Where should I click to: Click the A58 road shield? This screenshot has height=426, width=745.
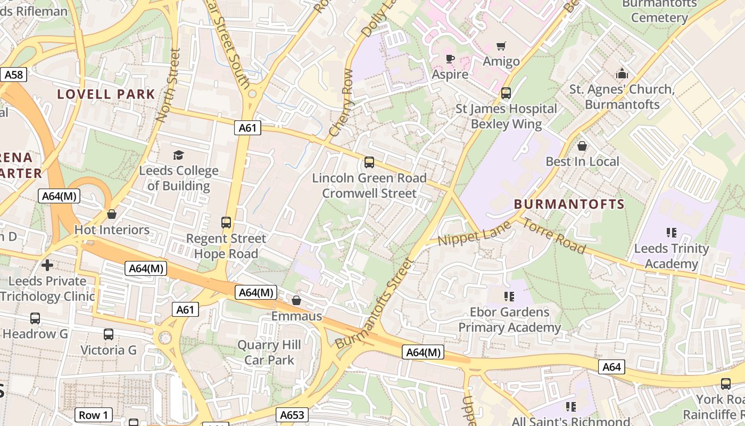pyautogui.click(x=14, y=75)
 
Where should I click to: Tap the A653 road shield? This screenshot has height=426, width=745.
pyautogui.click(x=293, y=415)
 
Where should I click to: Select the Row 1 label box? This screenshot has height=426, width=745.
pyautogui.click(x=93, y=415)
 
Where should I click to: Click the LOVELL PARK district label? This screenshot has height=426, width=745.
pyautogui.click(x=106, y=94)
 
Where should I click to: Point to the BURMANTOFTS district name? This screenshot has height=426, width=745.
pyautogui.click(x=569, y=204)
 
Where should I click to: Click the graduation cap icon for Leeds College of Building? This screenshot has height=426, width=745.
pyautogui.click(x=178, y=155)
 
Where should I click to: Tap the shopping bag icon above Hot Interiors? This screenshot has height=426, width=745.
pyautogui.click(x=111, y=214)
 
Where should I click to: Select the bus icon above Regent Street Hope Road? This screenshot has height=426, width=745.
pyautogui.click(x=226, y=222)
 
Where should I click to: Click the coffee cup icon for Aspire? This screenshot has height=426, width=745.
pyautogui.click(x=450, y=59)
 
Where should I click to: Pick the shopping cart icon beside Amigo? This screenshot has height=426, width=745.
pyautogui.click(x=501, y=46)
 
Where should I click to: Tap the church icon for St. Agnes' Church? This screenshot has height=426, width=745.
pyautogui.click(x=622, y=73)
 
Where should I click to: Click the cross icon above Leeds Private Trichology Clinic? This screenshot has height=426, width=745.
pyautogui.click(x=47, y=265)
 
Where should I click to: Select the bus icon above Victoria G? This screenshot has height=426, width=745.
pyautogui.click(x=109, y=334)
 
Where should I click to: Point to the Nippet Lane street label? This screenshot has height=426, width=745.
pyautogui.click(x=474, y=233)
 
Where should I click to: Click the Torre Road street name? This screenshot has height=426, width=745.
pyautogui.click(x=553, y=236)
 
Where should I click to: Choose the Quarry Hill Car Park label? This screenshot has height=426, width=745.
pyautogui.click(x=269, y=352)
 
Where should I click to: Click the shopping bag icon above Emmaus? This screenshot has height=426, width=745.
pyautogui.click(x=296, y=300)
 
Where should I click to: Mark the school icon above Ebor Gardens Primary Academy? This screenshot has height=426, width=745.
pyautogui.click(x=509, y=296)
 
